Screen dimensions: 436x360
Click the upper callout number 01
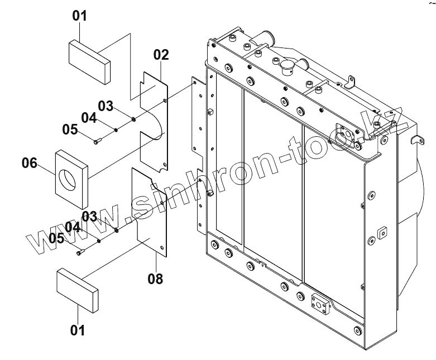coord(80,16)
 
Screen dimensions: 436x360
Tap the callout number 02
coord(161,55)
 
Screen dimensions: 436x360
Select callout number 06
coord(30,164)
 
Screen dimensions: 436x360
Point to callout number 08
coord(156,277)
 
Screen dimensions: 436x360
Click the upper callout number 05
coord(70,129)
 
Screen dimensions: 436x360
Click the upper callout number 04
coord(89,117)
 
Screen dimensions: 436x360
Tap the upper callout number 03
coord(106,105)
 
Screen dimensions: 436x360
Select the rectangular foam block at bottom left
coord(78,289)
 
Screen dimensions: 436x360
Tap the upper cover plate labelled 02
coord(154,120)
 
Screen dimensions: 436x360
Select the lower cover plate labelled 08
coord(149,215)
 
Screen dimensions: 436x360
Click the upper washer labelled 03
coord(134,118)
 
